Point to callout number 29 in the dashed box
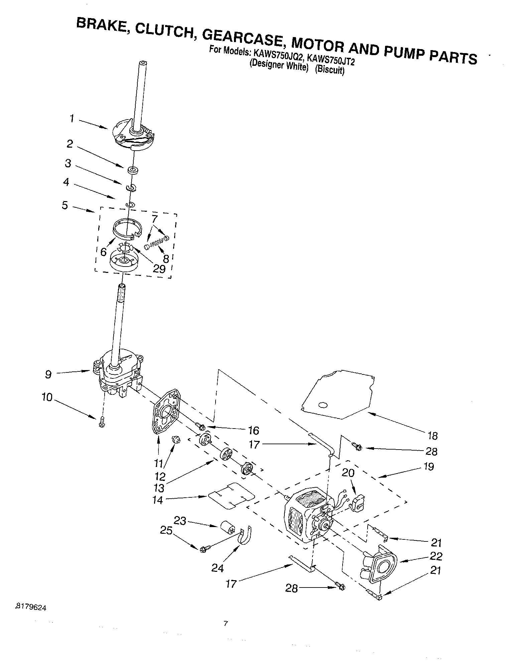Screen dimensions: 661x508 (159, 269)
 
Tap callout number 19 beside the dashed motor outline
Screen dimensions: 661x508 (428, 466)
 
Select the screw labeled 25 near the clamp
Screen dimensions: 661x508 (204, 548)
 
